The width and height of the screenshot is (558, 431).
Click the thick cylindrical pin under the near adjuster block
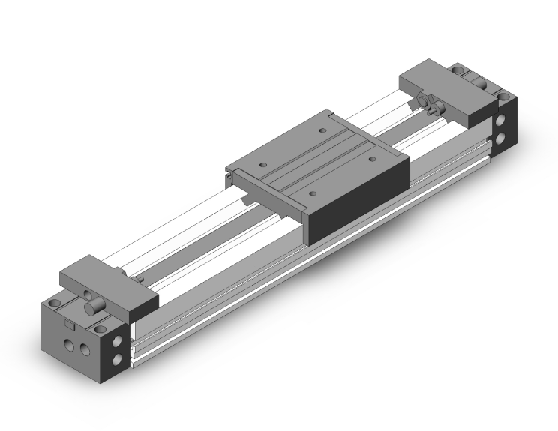pos(91,307)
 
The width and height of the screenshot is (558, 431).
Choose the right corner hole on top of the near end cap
pos(100,327)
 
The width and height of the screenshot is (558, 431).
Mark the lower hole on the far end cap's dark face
pos(501,139)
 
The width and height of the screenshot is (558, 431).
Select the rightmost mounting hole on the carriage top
pos(371,158)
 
